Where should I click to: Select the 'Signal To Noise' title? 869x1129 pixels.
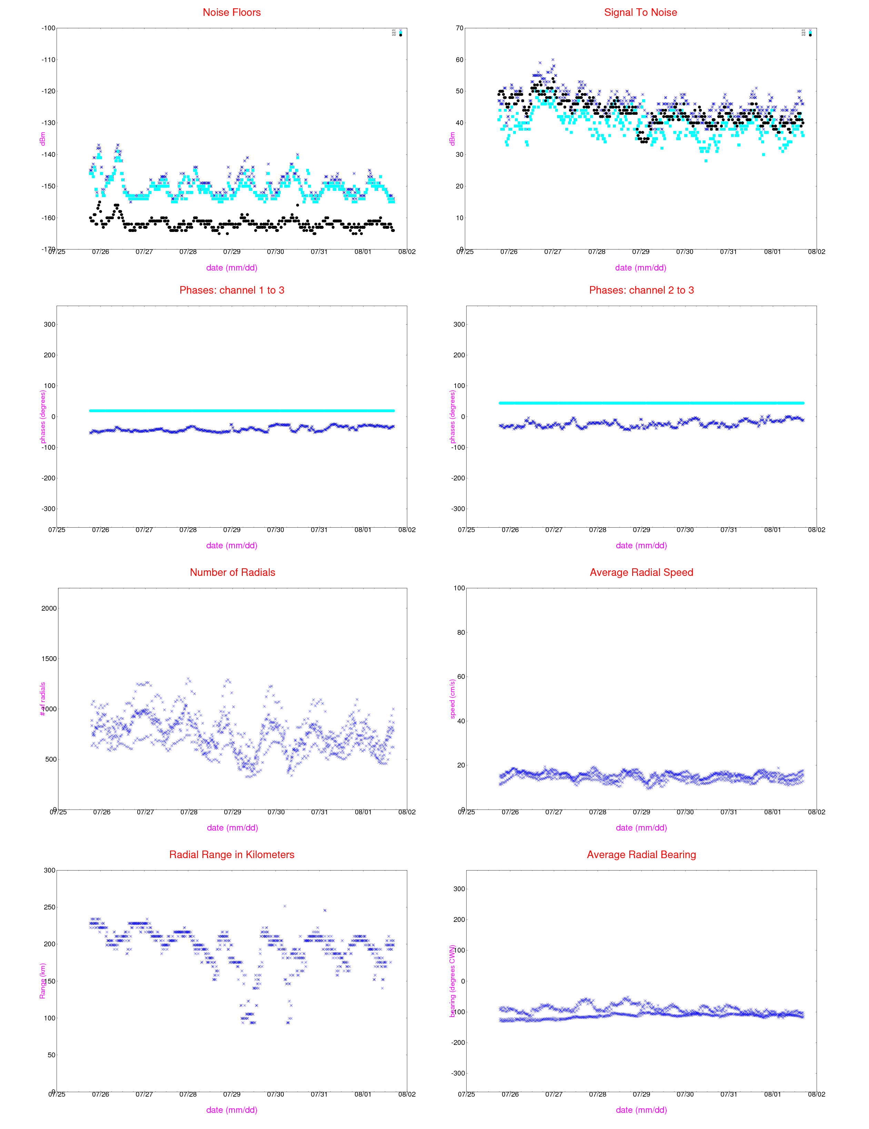coord(640,12)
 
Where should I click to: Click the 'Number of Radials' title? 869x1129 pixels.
coord(232,572)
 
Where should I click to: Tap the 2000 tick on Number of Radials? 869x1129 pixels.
coord(49,609)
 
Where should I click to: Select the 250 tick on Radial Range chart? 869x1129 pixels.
coord(49,907)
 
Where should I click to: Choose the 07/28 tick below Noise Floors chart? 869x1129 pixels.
coord(188,252)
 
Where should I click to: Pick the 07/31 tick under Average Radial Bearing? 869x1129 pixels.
coord(729,1095)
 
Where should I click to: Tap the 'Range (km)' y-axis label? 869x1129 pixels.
coord(42,981)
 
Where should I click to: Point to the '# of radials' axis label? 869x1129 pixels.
coord(42,699)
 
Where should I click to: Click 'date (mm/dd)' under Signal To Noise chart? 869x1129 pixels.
coord(640,268)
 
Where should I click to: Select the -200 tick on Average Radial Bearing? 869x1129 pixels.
coord(458,1043)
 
